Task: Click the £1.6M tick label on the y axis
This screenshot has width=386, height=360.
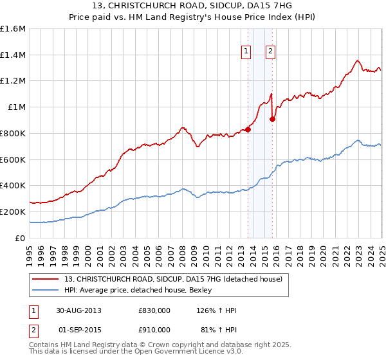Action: coord(13,29)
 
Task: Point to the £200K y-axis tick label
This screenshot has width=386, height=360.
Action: coord(13,212)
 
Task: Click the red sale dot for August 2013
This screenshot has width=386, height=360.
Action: coord(248,129)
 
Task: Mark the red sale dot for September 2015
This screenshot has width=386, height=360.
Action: coord(272,118)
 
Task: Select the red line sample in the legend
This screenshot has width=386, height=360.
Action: coord(46,279)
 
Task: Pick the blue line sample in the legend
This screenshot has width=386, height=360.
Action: coord(46,290)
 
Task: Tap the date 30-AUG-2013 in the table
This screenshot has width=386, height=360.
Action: coord(80,310)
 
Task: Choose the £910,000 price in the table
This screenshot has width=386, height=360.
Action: coord(154,330)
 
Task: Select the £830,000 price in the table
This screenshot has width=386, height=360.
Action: coord(154,310)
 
